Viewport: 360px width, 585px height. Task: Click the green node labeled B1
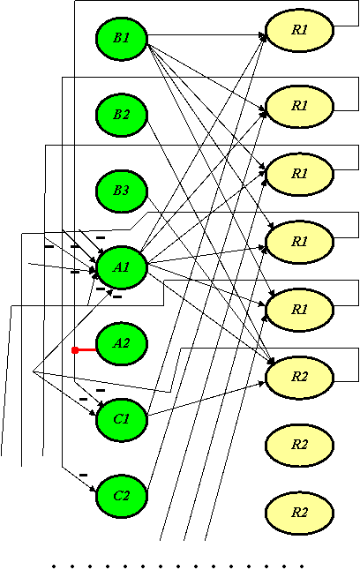(122, 38)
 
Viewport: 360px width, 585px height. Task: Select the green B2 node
(122, 115)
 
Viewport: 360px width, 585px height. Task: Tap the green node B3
(122, 191)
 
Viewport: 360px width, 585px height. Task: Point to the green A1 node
(122, 267)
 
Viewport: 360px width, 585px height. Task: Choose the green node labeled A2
(122, 343)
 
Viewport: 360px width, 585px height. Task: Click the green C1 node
(122, 420)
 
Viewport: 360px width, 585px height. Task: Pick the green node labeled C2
(122, 496)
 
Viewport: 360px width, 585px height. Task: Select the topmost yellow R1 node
(299, 30)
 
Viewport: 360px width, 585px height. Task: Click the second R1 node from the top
(299, 107)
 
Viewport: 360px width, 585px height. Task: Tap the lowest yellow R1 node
(299, 310)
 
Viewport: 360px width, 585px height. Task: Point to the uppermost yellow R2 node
(299, 377)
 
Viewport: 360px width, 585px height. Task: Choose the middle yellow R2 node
(299, 445)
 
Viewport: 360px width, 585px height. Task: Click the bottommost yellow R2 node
(299, 513)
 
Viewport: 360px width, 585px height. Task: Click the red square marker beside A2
(75, 350)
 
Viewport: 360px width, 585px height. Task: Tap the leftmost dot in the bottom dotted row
(54, 566)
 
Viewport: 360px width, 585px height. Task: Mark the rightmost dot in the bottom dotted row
(302, 566)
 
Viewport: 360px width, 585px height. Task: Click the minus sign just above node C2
(84, 475)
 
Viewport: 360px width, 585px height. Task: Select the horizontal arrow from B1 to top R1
(206, 35)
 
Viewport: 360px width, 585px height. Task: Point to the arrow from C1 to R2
(206, 399)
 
